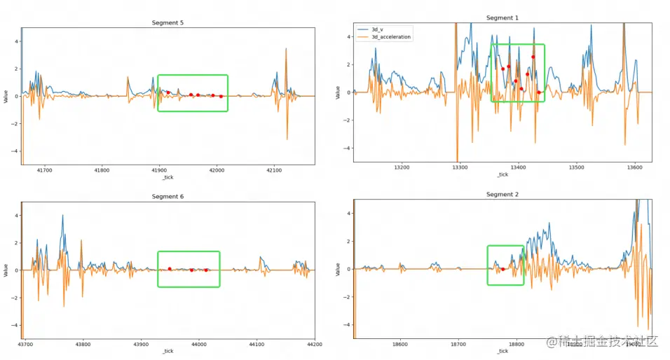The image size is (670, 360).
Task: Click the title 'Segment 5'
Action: coord(167,23)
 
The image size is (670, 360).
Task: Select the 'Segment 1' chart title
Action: coord(502,18)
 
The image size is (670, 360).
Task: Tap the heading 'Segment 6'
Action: coord(167,197)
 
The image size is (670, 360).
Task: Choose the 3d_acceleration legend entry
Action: coord(391,36)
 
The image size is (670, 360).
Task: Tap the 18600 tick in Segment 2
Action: coord(400,344)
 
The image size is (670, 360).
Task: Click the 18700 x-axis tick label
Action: coord(458,344)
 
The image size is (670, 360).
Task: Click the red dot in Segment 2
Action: coord(502,269)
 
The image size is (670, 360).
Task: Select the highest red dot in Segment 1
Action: coord(533,57)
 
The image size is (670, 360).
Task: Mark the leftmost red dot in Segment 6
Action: coord(170,269)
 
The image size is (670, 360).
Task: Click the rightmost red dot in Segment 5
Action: coord(221,96)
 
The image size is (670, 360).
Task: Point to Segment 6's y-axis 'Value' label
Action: coord(6,270)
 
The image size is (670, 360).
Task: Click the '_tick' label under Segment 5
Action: coord(167,178)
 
